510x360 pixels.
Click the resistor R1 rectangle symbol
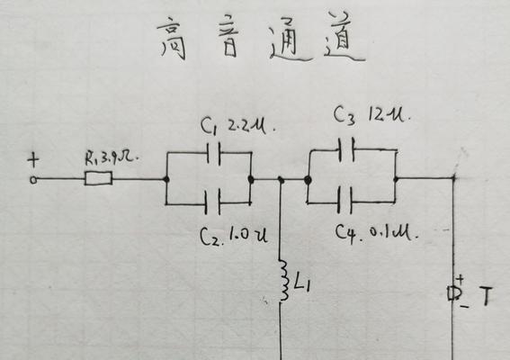click(x=99, y=179)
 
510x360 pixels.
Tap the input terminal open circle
click(x=33, y=180)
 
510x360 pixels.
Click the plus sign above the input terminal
click(x=33, y=160)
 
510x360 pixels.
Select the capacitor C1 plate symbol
click(x=214, y=153)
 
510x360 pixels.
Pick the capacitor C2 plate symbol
click(x=212, y=202)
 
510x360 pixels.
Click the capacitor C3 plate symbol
click(x=346, y=149)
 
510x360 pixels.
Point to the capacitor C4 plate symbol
click(x=344, y=200)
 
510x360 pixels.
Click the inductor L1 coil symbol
click(x=283, y=280)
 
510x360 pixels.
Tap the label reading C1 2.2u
click(x=237, y=126)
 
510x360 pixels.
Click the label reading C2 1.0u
click(x=234, y=236)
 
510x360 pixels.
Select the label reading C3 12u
click(x=372, y=115)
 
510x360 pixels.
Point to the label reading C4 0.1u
click(x=376, y=232)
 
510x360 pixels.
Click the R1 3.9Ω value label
click(x=112, y=157)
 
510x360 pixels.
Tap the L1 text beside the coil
click(x=302, y=283)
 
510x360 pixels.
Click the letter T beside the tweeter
click(x=486, y=296)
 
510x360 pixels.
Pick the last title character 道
click(x=344, y=38)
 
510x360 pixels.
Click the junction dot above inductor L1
click(x=281, y=180)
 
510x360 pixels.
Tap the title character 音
click(x=228, y=36)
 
